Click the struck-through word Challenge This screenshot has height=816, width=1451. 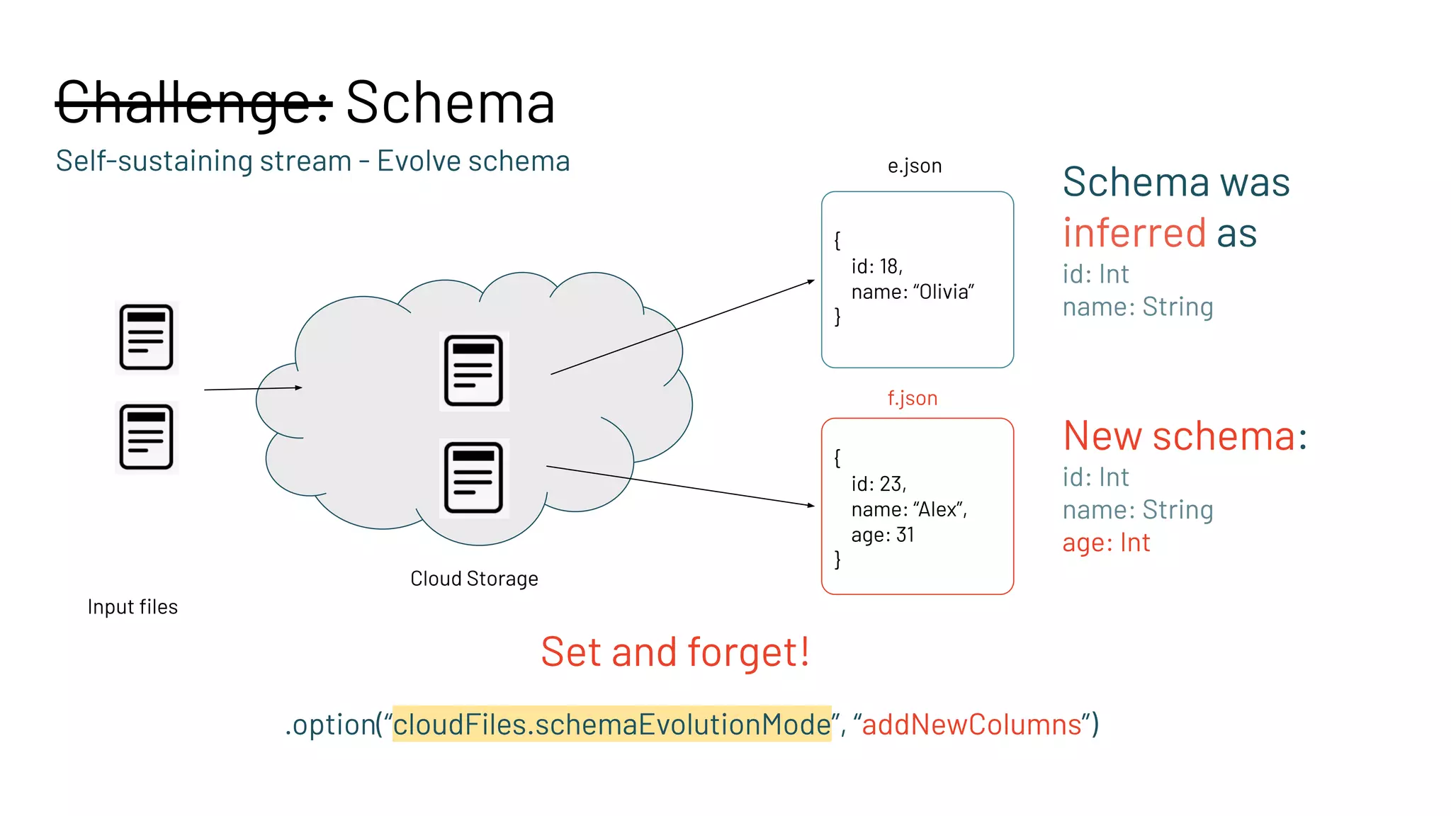(193, 103)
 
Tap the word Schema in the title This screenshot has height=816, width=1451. (450, 103)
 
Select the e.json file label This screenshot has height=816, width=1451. (914, 166)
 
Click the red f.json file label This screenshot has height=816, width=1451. (912, 398)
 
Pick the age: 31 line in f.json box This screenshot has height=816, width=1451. (883, 535)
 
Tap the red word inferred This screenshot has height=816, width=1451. (1134, 232)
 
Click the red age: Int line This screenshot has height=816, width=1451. (1106, 543)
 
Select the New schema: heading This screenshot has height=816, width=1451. (1185, 436)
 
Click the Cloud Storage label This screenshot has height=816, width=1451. (474, 579)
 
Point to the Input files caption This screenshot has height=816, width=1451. (132, 607)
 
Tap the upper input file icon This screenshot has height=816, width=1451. (147, 337)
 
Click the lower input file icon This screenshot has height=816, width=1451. (147, 437)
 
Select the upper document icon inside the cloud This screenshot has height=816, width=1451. (473, 370)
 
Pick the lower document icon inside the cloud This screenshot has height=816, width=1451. (473, 478)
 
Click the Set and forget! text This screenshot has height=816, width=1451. (674, 652)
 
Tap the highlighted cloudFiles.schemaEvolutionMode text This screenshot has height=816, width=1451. (611, 725)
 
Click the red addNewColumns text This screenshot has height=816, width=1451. (971, 725)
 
